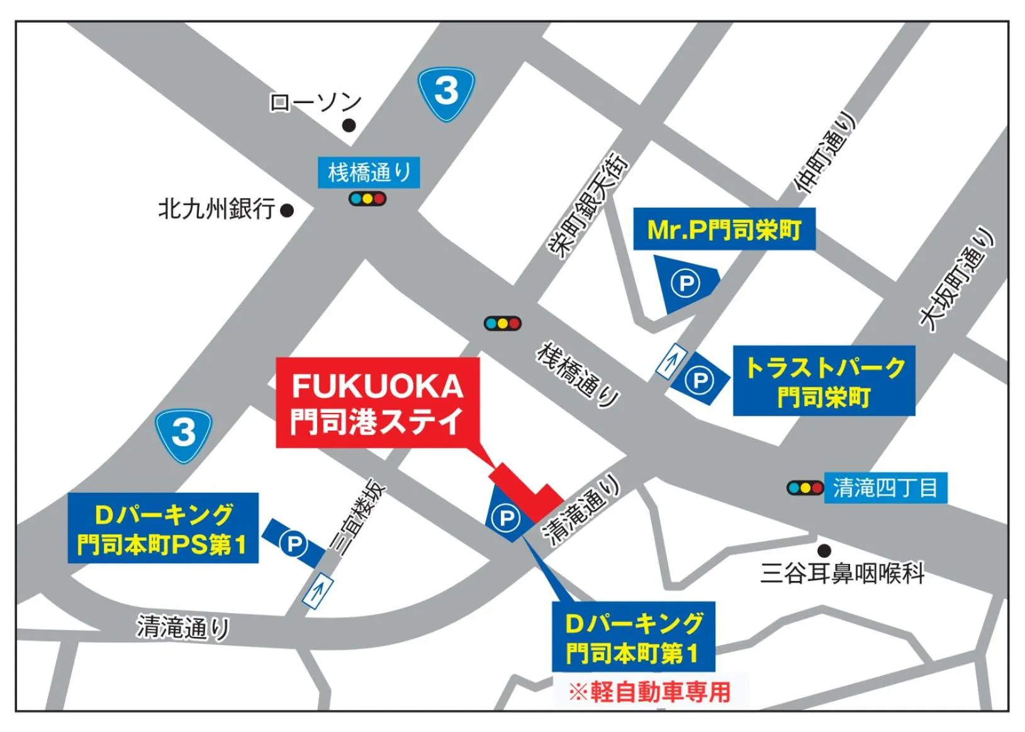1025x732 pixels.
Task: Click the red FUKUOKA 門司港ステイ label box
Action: (378, 403)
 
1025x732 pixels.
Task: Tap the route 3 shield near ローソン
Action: (447, 93)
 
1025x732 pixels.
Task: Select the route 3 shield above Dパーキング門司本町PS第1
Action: (184, 434)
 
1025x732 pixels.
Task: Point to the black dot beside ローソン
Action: (349, 125)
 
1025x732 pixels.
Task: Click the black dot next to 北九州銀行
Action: (287, 210)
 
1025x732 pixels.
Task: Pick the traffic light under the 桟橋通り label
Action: (367, 199)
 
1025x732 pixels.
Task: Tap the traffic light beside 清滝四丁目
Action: (805, 488)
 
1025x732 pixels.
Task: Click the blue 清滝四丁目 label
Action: (885, 488)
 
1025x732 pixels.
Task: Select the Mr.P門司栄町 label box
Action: (724, 229)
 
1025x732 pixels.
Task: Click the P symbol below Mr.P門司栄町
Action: (685, 283)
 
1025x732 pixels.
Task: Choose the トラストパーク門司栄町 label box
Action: (824, 381)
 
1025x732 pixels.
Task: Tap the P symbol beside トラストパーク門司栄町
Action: (699, 381)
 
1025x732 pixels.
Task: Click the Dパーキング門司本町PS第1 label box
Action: (163, 528)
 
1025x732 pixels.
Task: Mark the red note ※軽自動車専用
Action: (650, 692)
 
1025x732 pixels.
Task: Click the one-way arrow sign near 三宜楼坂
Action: (318, 590)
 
